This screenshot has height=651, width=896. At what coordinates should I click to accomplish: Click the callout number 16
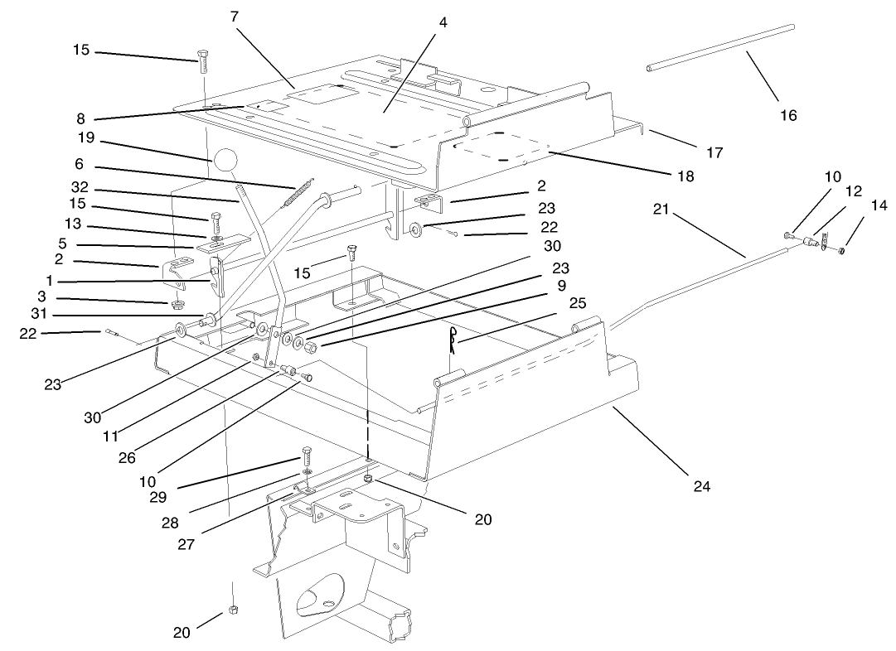click(x=788, y=115)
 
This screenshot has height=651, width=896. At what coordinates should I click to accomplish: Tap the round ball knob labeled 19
click(x=225, y=162)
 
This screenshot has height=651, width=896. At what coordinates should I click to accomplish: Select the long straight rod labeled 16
click(x=721, y=48)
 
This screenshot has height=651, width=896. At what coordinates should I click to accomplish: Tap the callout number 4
click(x=443, y=22)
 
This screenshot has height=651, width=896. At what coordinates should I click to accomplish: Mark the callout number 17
click(x=714, y=152)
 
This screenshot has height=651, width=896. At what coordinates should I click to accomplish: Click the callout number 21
click(x=660, y=211)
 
